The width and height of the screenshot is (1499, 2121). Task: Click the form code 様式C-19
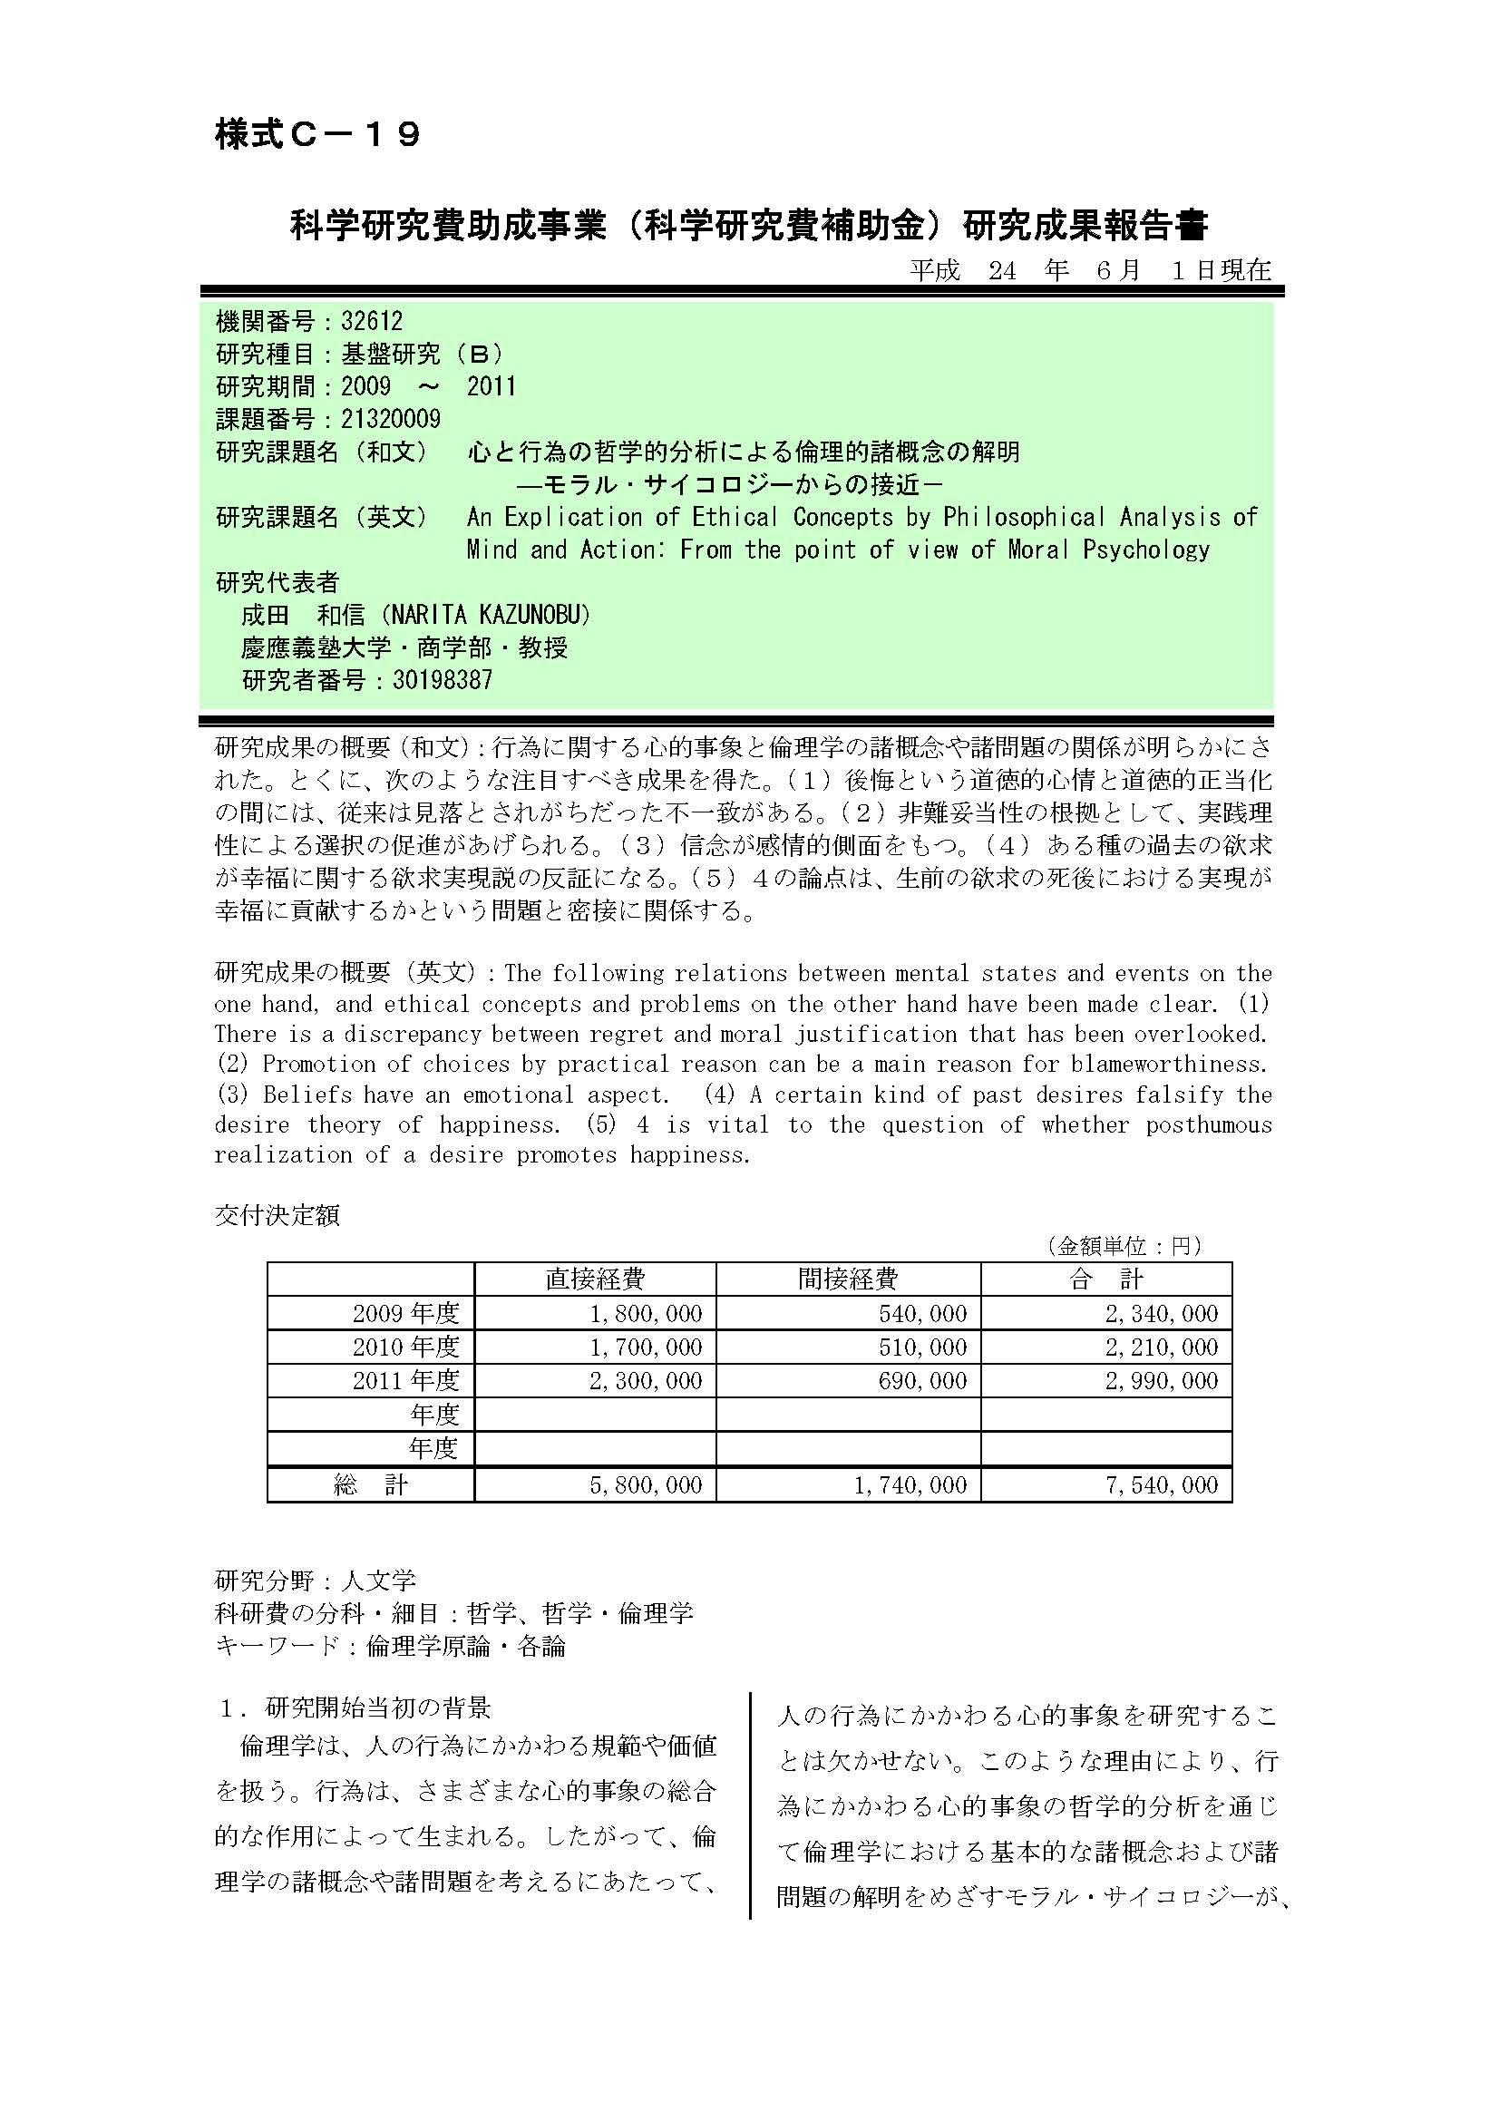pos(317,135)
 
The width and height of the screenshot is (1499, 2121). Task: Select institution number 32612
pos(371,322)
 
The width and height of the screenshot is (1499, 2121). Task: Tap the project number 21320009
pos(391,420)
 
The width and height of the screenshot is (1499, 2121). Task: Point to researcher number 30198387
pos(443,681)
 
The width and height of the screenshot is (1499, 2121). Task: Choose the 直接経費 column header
pos(595,1279)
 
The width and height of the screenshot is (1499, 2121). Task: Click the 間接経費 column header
pos(847,1279)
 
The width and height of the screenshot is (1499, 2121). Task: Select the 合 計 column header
pos(1105,1279)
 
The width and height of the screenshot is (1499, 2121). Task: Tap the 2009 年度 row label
pos(405,1313)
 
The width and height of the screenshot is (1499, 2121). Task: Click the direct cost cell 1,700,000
pos(646,1347)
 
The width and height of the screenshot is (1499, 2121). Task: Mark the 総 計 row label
pos(370,1484)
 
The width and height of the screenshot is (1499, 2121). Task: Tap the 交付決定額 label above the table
pos(277,1215)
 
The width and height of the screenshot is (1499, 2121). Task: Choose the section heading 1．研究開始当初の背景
pos(355,1708)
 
